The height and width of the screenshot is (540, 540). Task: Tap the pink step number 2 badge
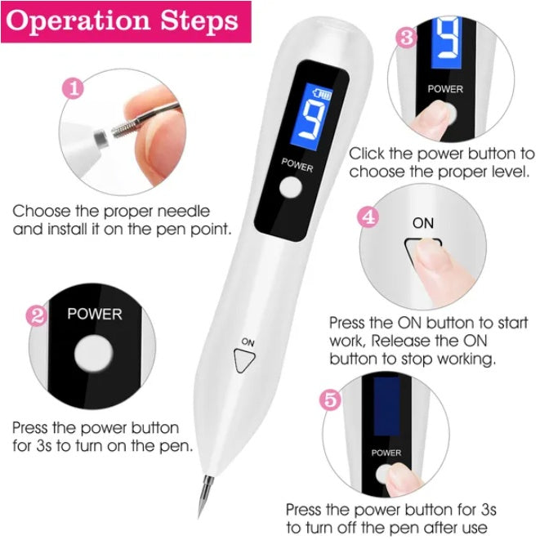click(36, 316)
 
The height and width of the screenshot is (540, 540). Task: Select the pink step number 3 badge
click(407, 37)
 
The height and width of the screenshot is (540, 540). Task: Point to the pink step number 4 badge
click(369, 218)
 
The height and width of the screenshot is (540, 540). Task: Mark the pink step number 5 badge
click(329, 400)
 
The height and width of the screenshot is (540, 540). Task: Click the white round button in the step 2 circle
click(91, 357)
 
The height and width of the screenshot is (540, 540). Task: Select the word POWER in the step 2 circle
click(94, 313)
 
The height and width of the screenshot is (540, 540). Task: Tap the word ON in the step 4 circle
click(423, 223)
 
